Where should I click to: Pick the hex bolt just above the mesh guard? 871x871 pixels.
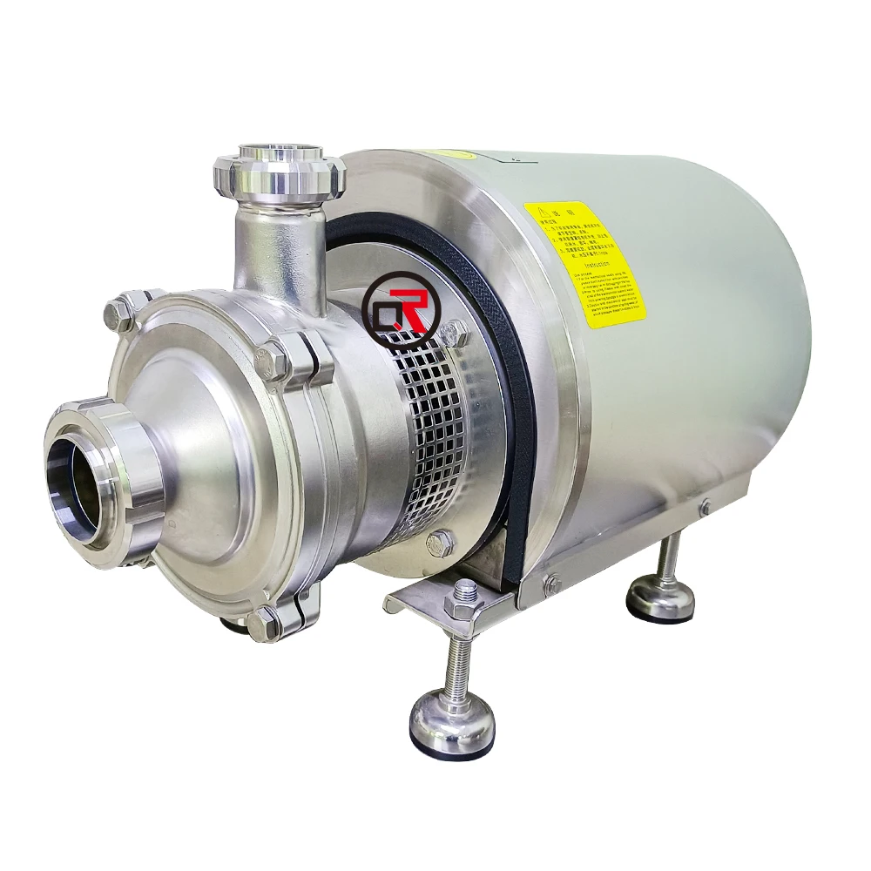(x=454, y=332)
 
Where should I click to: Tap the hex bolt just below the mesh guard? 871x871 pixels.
(x=442, y=542)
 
